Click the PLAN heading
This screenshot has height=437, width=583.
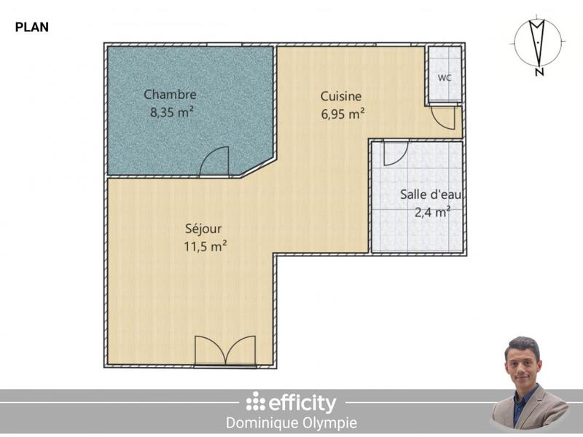(x=31, y=28)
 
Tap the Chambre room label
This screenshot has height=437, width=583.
(x=170, y=95)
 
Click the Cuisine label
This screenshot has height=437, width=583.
(x=341, y=96)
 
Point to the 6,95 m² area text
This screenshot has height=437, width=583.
(x=343, y=114)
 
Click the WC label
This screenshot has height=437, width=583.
(x=444, y=77)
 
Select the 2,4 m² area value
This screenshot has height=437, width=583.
(x=433, y=212)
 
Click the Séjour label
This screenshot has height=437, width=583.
(x=203, y=228)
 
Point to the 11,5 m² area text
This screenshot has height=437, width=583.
(x=205, y=246)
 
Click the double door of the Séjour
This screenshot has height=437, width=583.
(x=225, y=351)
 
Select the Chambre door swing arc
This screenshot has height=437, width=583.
(x=214, y=161)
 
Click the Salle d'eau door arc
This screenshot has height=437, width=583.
(x=394, y=152)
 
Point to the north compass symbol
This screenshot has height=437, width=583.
(x=537, y=42)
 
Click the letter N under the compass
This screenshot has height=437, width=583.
(x=538, y=72)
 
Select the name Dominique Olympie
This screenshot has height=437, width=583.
(x=291, y=423)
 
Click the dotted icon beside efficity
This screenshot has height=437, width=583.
(x=255, y=402)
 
